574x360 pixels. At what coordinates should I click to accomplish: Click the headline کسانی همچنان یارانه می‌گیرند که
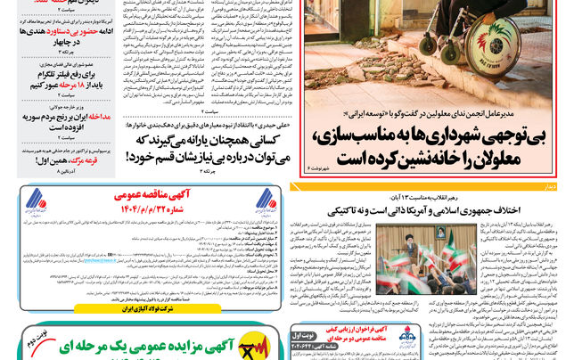210,141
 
